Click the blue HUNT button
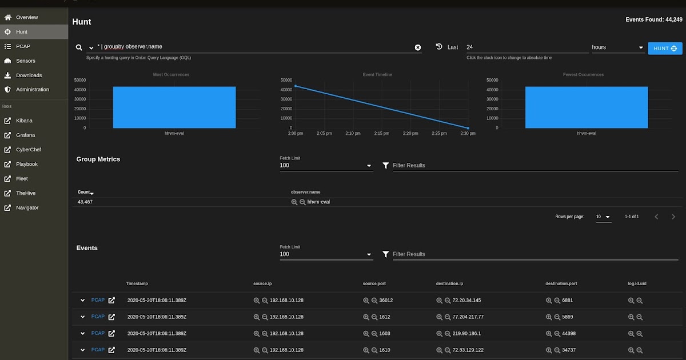tap(665, 49)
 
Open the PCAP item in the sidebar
tap(23, 46)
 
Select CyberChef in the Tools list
tap(28, 150)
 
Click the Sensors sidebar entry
tap(25, 61)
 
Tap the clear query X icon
tap(418, 47)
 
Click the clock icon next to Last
tap(439, 47)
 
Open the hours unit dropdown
tap(617, 47)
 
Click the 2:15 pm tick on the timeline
tap(381, 133)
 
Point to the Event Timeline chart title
tap(377, 75)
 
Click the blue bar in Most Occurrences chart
tap(174, 107)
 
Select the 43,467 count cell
tap(85, 202)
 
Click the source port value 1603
tap(384, 333)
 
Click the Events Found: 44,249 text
tap(653, 19)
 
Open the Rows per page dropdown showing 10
tap(603, 217)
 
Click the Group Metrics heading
tap(98, 159)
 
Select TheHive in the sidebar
tap(26, 193)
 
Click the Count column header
tap(85, 192)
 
